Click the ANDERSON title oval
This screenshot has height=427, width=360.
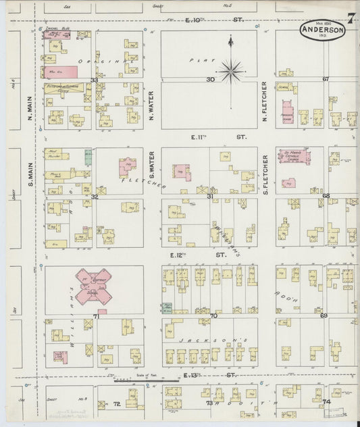(323, 30)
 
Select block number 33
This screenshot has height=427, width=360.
(95, 80)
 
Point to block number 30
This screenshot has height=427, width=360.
(210, 80)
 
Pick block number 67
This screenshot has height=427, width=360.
(325, 80)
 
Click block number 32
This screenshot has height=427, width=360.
(95, 197)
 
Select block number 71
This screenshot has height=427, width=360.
(96, 316)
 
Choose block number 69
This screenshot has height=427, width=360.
(324, 316)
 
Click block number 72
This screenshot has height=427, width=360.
(117, 403)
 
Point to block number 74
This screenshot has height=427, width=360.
(326, 403)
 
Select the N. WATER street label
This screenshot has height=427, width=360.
(151, 104)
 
